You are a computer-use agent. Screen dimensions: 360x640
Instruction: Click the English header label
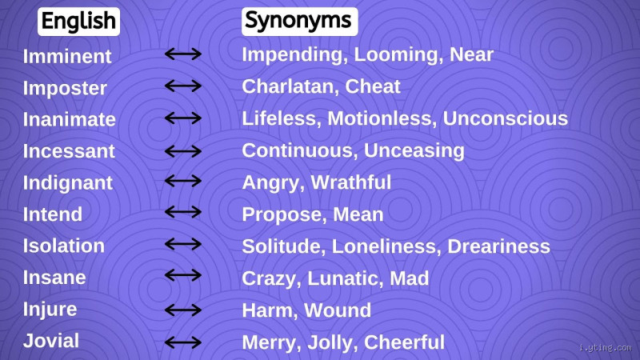pos(78,22)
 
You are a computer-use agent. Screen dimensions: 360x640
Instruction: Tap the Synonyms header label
pos(298,22)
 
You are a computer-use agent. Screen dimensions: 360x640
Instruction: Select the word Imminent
pos(67,56)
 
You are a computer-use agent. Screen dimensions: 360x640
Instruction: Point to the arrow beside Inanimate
pos(182,118)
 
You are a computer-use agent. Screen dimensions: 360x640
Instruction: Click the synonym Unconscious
pos(506,118)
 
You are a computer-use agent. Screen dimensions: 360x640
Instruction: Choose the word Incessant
pos(69,150)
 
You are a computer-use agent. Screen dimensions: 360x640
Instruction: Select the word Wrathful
pos(351,182)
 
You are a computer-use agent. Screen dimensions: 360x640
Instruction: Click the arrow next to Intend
pos(182,213)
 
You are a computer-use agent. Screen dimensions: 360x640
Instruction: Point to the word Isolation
pos(64,246)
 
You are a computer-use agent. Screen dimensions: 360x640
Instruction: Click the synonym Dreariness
pos(498,246)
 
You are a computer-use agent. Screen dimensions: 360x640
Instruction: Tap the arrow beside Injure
pos(182,310)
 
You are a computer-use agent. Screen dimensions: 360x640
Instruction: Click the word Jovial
pos(51,341)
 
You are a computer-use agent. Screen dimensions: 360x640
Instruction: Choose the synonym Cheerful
pos(404,342)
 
